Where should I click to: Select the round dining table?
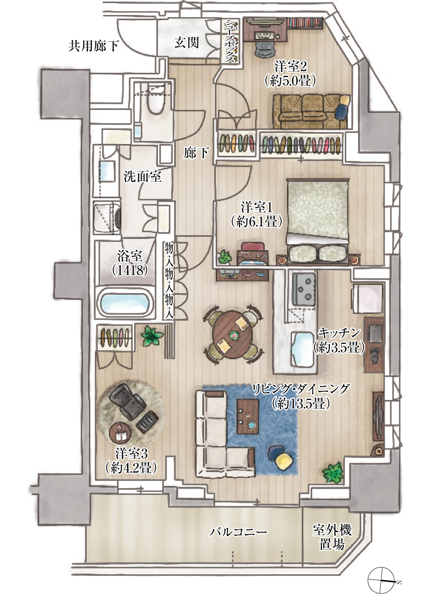tap(232, 334)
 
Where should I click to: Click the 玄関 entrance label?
tap(186, 42)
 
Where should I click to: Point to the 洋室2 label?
tap(291, 67)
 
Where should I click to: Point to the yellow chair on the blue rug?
tap(282, 458)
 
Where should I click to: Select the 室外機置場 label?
tap(332, 536)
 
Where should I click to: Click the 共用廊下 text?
tap(93, 46)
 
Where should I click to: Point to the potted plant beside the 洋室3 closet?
tap(152, 335)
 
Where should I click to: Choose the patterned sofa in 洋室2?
tap(311, 111)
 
